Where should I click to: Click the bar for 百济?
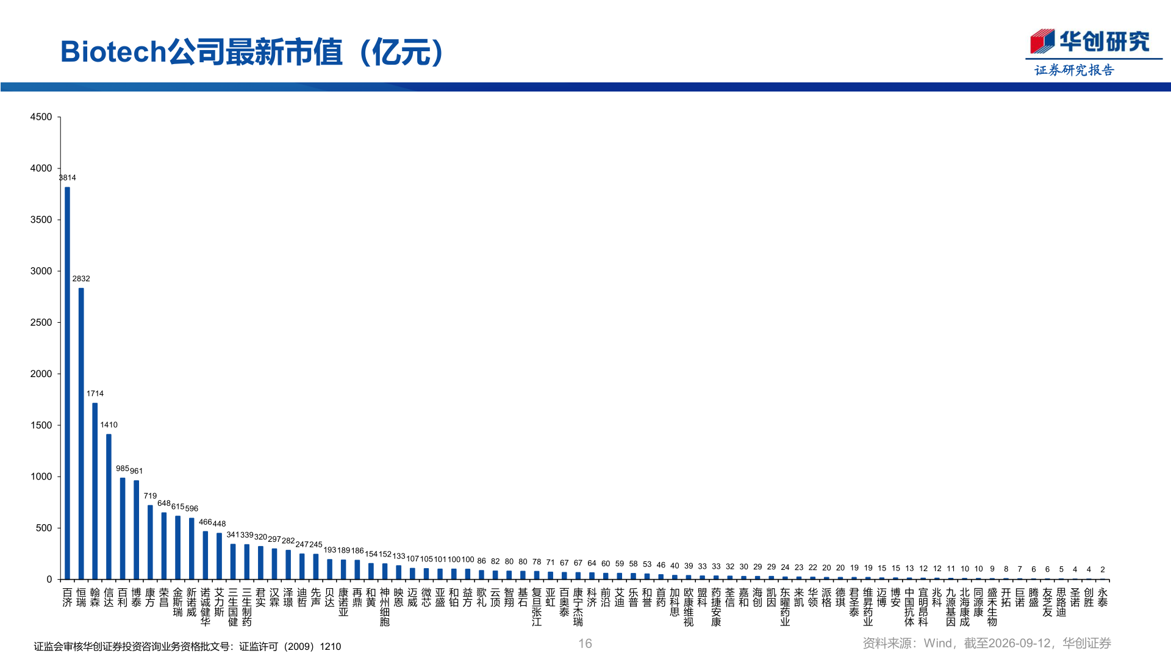pyautogui.click(x=67, y=383)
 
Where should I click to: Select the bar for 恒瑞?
pyautogui.click(x=81, y=433)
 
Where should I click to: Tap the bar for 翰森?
pyautogui.click(x=95, y=491)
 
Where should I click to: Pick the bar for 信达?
pyautogui.click(x=109, y=506)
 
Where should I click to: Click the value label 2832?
pyautogui.click(x=81, y=279)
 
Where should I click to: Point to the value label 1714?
pyautogui.click(x=95, y=394)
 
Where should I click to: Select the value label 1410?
pyautogui.click(x=109, y=425)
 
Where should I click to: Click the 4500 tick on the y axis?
pyautogui.click(x=41, y=117)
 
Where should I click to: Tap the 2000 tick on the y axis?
pyautogui.click(x=41, y=373)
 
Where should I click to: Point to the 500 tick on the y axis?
pyautogui.click(x=44, y=528)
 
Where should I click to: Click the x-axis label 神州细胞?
pyautogui.click(x=385, y=607)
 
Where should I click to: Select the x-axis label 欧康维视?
pyautogui.click(x=689, y=607)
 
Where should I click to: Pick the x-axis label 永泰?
pyautogui.click(x=1103, y=597)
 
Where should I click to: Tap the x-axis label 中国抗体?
pyautogui.click(x=909, y=607)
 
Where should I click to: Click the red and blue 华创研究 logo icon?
pyautogui.click(x=1042, y=41)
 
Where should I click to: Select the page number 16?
pyautogui.click(x=585, y=644)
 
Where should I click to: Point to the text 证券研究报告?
pyautogui.click(x=1074, y=70)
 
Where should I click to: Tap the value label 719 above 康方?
pyautogui.click(x=150, y=496)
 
